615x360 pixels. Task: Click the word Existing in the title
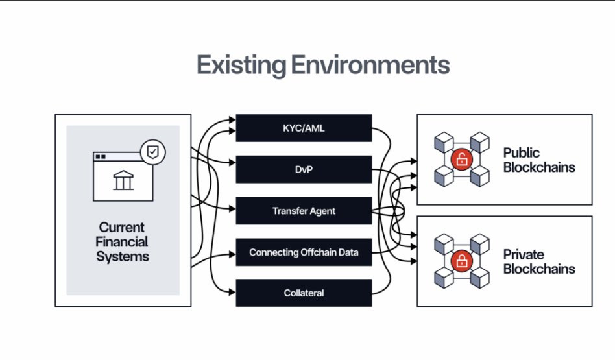[241, 66]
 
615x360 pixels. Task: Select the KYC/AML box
[304, 128]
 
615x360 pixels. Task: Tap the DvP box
[304, 169]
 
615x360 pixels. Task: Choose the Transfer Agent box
[304, 211]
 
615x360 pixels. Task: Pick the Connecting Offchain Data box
[304, 252]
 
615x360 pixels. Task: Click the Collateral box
[304, 293]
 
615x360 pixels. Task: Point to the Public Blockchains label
[538, 160]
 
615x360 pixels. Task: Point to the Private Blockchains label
[538, 261]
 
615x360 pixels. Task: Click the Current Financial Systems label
[123, 242]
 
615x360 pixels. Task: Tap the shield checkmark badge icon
[152, 152]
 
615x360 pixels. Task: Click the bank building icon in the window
[123, 180]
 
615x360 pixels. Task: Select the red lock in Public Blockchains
[461, 160]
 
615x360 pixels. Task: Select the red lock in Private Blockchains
[461, 261]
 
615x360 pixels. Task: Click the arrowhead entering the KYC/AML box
[232, 121]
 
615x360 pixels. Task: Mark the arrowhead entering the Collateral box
[232, 293]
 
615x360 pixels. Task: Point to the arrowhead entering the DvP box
[232, 162]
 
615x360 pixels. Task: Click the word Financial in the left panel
[123, 242]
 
